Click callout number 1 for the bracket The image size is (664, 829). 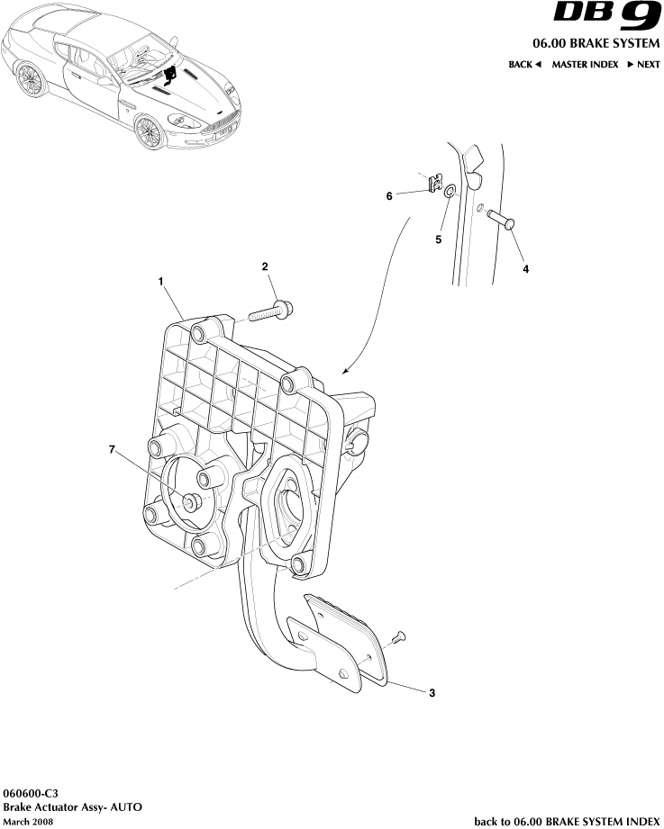point(160,282)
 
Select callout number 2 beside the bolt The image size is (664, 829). point(265,266)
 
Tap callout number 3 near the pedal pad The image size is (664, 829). point(432,692)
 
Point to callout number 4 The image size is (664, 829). point(525,268)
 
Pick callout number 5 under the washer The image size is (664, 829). point(439,240)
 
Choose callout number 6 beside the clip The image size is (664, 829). point(389,195)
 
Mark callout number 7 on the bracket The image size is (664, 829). point(113,450)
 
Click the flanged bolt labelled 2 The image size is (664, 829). point(274,313)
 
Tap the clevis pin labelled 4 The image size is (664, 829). point(501,218)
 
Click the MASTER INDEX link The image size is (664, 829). point(585,65)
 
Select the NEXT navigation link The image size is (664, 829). point(643,65)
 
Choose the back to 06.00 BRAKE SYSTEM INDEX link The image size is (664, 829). point(567,821)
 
